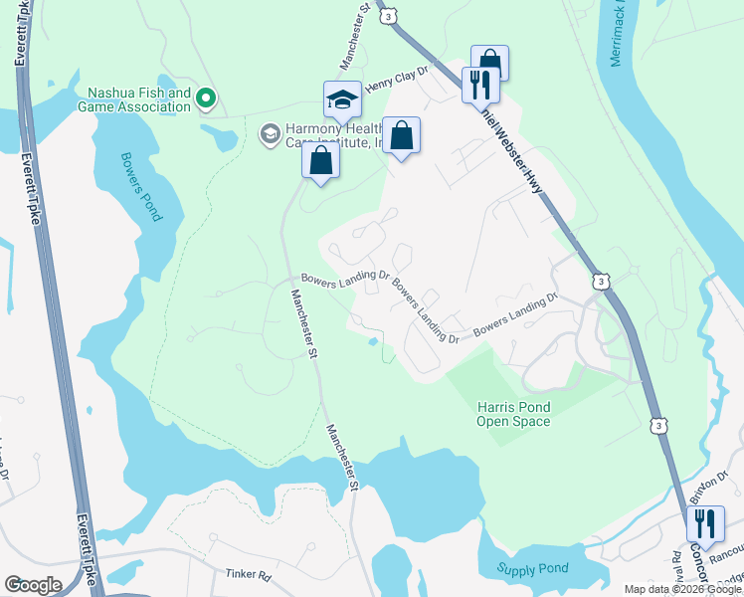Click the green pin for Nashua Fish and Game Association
point(206,98)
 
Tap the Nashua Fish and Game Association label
point(139,100)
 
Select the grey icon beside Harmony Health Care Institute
point(269,132)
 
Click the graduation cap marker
point(341,100)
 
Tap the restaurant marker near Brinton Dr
point(705,524)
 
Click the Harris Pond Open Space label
point(513,414)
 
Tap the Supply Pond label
point(533,569)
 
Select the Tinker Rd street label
point(248,575)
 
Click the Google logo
point(33,585)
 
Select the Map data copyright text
point(682,589)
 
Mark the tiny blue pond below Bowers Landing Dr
point(372,342)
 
